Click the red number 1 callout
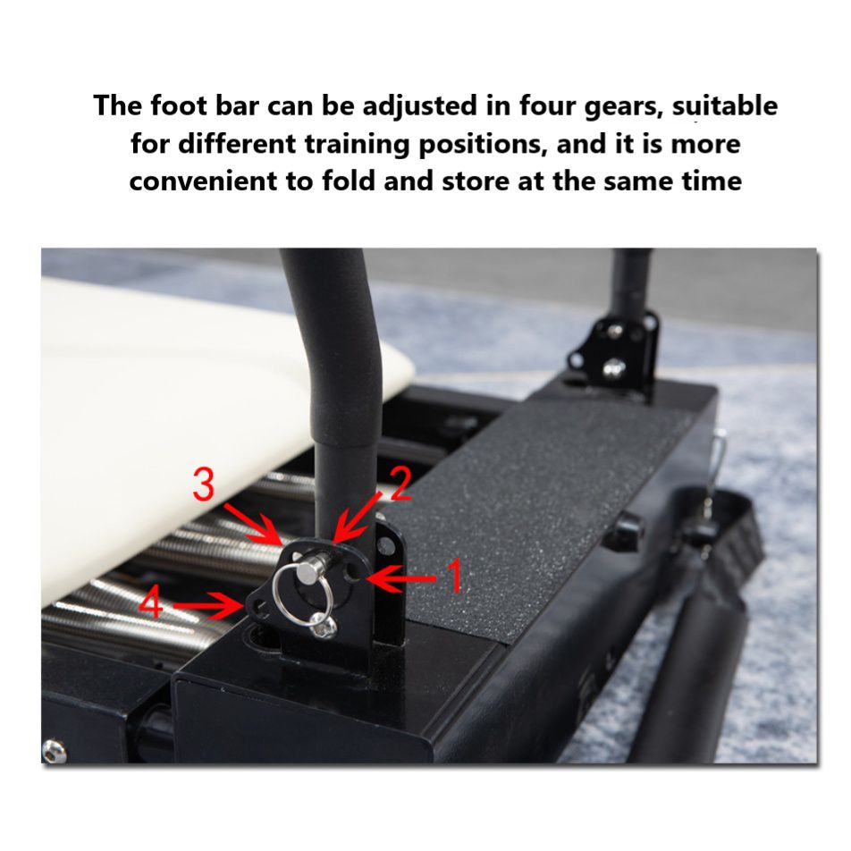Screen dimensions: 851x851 (452, 577)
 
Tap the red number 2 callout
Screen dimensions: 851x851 (400, 484)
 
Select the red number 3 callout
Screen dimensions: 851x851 (204, 485)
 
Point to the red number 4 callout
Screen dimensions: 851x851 (151, 604)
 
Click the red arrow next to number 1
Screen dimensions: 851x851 (402, 578)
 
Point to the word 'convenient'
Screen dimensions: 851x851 (203, 181)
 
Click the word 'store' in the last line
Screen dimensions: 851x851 (476, 181)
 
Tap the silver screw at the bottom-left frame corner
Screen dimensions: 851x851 (55, 752)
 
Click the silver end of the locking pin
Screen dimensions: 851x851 (310, 568)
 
